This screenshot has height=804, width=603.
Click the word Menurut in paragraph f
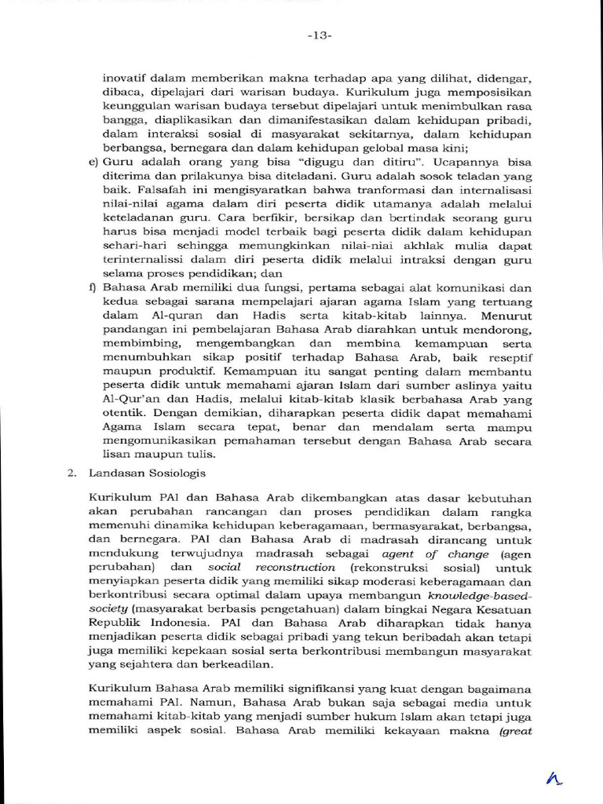506,316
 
